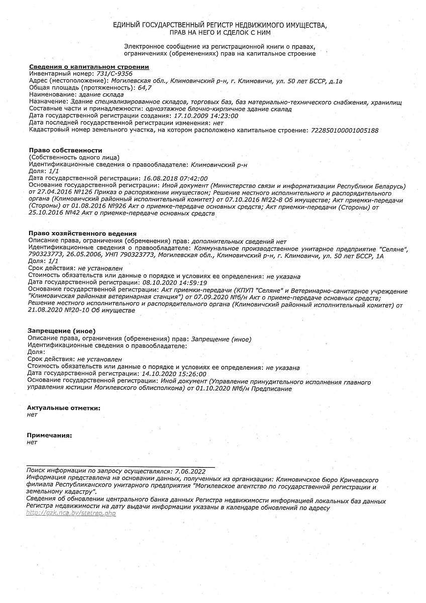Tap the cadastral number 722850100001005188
click(x=345, y=130)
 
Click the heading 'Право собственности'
click(x=65, y=150)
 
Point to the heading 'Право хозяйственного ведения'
click(x=82, y=234)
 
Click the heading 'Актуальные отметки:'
click(x=63, y=408)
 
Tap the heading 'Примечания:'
click(x=49, y=435)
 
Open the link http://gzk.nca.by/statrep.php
click(x=71, y=513)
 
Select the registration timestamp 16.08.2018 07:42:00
click(x=175, y=178)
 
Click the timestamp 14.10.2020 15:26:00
click(x=175, y=374)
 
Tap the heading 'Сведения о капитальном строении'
click(x=89, y=67)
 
